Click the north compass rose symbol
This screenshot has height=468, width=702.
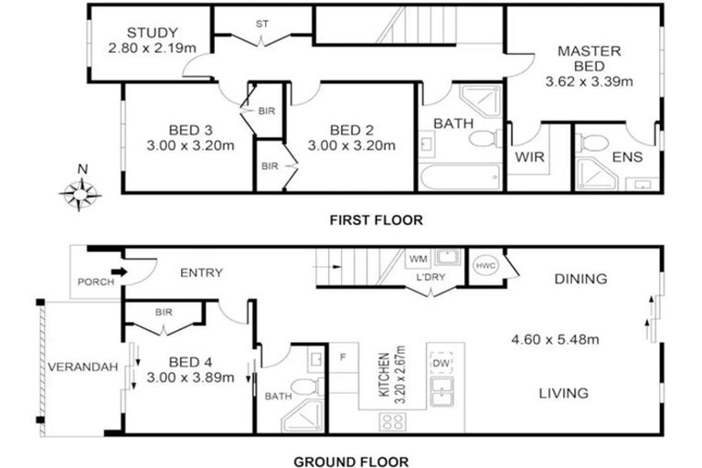[81, 193]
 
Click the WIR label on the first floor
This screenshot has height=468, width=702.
[530, 157]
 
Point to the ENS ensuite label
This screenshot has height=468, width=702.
[626, 157]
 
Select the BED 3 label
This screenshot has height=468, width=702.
[190, 129]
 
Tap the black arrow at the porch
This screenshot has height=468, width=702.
[120, 271]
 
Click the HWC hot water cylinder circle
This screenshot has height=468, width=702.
[484, 264]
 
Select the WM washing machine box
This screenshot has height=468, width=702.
[418, 260]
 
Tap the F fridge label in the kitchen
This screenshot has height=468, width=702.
[344, 356]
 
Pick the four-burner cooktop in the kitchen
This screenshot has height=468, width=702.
[394, 421]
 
